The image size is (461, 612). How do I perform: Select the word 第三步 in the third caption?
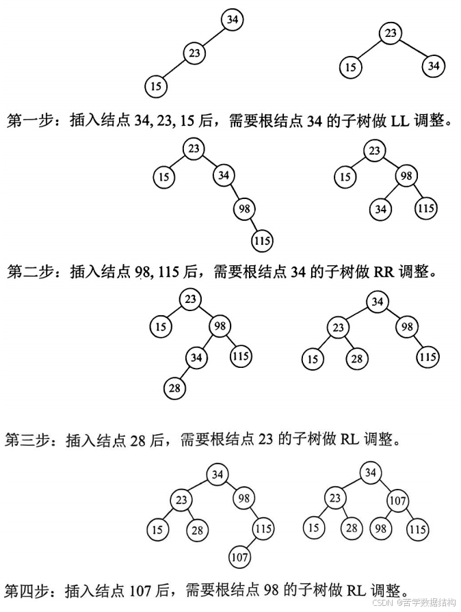[28, 439]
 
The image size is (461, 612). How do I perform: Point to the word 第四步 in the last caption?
[28, 589]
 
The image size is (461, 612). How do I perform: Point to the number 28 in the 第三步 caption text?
[137, 439]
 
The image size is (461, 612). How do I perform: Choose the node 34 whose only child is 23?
[233, 20]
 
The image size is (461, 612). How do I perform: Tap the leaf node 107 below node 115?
[239, 557]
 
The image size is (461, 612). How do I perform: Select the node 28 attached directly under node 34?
[175, 388]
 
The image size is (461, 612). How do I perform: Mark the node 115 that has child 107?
[263, 529]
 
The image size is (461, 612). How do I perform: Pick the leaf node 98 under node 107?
[380, 529]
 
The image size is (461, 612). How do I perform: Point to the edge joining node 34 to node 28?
[186, 373]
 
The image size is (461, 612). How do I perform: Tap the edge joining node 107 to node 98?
[389, 514]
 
